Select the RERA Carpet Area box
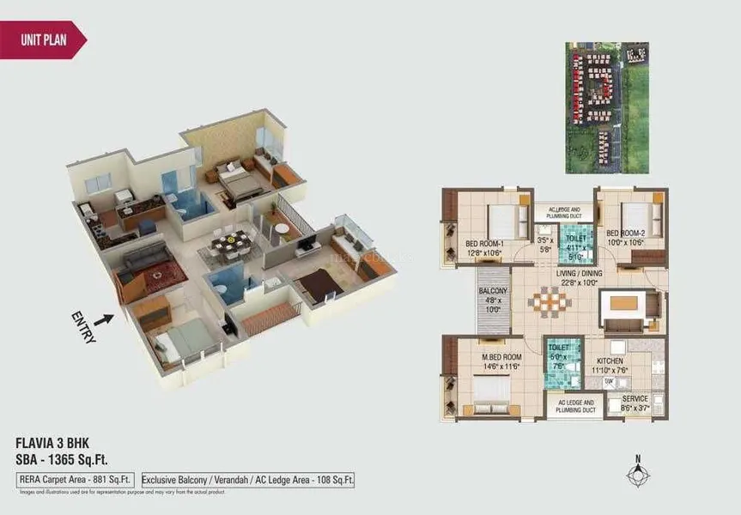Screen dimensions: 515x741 pos(74,480)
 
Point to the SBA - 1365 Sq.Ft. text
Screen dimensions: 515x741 pos(63,460)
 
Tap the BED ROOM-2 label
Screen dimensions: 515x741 pos(625,233)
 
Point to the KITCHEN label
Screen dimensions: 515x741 pos(610,361)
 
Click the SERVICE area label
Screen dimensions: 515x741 pos(635,398)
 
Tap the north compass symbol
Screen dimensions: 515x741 pos(636,475)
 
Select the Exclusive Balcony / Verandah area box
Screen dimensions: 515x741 pos(247,480)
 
